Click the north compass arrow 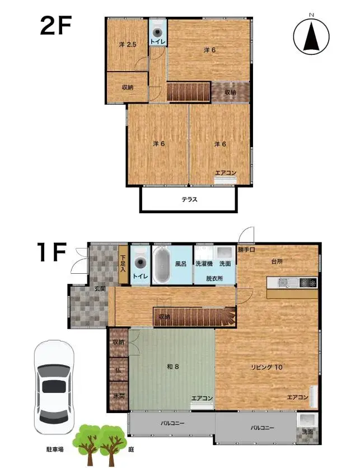(311, 37)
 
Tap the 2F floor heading (56, 26)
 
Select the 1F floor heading (52, 252)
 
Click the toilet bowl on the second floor (157, 32)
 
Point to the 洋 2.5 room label (128, 44)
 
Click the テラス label (190, 199)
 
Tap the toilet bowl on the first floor (141, 263)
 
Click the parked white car (54, 387)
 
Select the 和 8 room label (173, 366)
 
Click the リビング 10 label (267, 367)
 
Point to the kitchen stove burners (308, 282)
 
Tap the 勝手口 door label (246, 250)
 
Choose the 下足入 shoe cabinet (123, 264)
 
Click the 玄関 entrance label (100, 289)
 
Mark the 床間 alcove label (119, 396)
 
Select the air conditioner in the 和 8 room (202, 405)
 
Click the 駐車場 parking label (55, 449)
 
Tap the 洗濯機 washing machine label (204, 264)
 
